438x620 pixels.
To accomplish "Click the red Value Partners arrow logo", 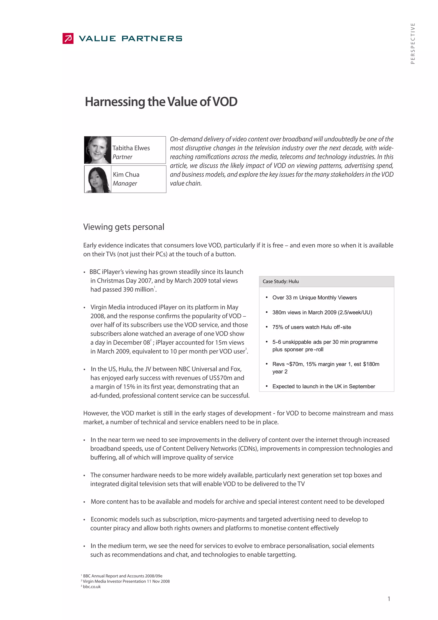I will pyautogui.click(x=68, y=38).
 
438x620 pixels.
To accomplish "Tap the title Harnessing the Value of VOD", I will pyautogui.click(x=161, y=102).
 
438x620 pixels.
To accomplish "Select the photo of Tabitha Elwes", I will pyautogui.click(x=98, y=150).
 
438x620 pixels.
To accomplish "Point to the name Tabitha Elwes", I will pyautogui.click(x=131, y=148).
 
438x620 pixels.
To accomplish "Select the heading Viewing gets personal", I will pyautogui.click(x=124, y=227).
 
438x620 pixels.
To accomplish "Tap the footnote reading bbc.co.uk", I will pyautogui.click(x=92, y=587).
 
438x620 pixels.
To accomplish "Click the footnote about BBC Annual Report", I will pyautogui.click(x=123, y=576).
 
